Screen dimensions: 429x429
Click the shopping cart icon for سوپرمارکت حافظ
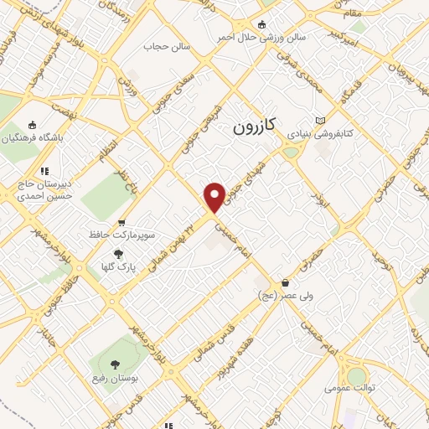point(122,223)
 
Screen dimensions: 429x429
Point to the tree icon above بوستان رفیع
point(116,363)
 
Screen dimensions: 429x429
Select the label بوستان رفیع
point(114,379)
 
